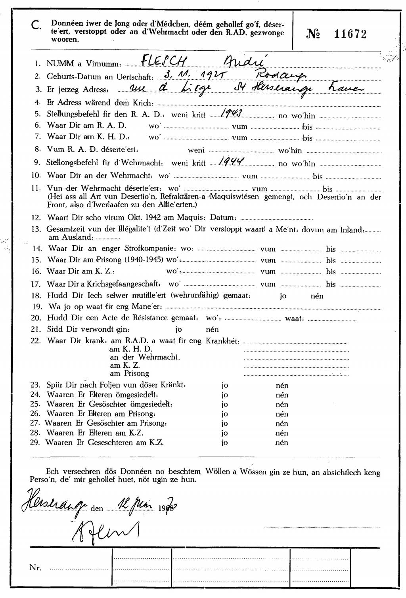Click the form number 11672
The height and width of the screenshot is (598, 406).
[x=350, y=34]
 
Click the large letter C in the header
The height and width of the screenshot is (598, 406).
[x=35, y=26]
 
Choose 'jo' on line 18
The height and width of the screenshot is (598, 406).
[x=283, y=296]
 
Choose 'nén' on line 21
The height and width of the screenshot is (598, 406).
[x=212, y=329]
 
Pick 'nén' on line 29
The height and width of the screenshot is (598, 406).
[x=282, y=443]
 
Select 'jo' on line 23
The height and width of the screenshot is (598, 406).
[x=224, y=385]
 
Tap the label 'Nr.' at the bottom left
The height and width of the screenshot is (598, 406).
[x=35, y=567]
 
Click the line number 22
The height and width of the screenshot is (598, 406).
[x=36, y=341]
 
